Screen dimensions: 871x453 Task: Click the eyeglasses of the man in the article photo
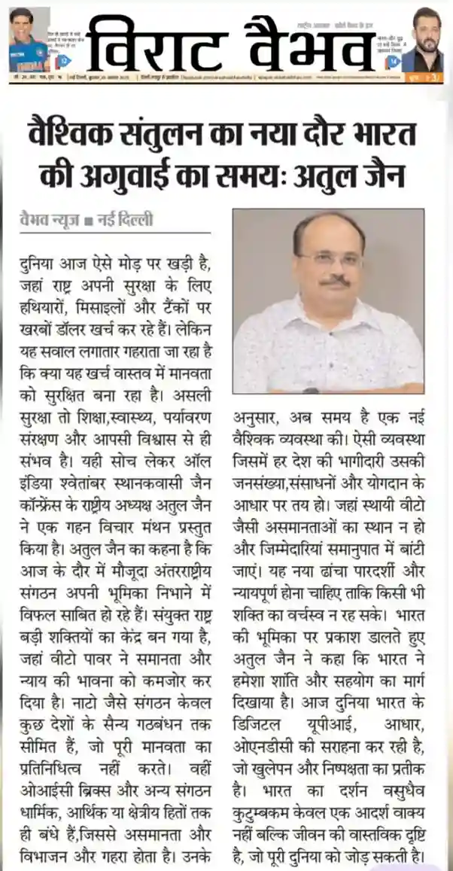[x=330, y=259]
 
